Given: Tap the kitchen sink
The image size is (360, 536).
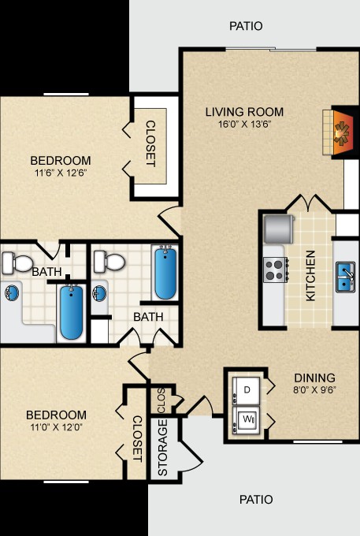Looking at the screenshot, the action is coord(345,277).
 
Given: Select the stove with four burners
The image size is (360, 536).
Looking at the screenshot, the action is coord(275,270).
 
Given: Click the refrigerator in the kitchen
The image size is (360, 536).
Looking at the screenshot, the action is coord(279,229).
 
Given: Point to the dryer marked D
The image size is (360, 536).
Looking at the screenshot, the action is coord(247,391).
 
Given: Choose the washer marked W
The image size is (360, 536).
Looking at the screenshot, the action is coord(247,420).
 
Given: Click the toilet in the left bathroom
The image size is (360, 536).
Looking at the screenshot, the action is coord(17,262).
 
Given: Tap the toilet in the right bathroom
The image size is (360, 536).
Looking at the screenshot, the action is coord(109,262).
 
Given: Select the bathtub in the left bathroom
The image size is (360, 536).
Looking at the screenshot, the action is coord(72,312).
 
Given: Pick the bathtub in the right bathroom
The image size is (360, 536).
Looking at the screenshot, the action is coord(165,274).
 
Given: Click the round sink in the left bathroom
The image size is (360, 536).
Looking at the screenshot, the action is coord(12,293).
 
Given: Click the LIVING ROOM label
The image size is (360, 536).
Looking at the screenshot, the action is coord(244,112).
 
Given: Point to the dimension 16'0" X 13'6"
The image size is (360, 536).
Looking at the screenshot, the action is coord(244,124).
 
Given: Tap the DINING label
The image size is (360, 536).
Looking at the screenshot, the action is coord(314,378).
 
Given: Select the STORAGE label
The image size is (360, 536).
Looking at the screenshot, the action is coord(163,448).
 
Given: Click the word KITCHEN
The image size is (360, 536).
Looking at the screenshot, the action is coord(310,276).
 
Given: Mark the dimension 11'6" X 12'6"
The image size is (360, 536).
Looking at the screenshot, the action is coord(61,173).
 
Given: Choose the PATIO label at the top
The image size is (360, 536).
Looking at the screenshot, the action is coord(246,26).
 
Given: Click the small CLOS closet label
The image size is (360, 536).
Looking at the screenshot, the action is coord(161,400).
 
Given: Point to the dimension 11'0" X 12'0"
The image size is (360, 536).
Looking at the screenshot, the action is coord(57,426).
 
